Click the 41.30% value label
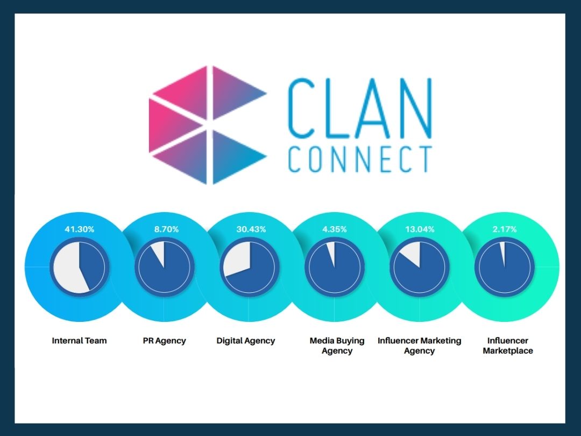(x=79, y=229)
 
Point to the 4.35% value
(x=334, y=229)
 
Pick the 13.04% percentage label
(x=419, y=229)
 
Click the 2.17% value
(x=504, y=229)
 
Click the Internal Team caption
(x=79, y=341)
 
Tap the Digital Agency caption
(x=246, y=341)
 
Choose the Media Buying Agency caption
(x=337, y=346)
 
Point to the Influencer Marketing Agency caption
(x=419, y=346)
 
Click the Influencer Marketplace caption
(x=507, y=346)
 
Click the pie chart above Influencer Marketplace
(x=504, y=266)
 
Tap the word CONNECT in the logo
(x=360, y=158)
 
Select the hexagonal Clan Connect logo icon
(x=208, y=125)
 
